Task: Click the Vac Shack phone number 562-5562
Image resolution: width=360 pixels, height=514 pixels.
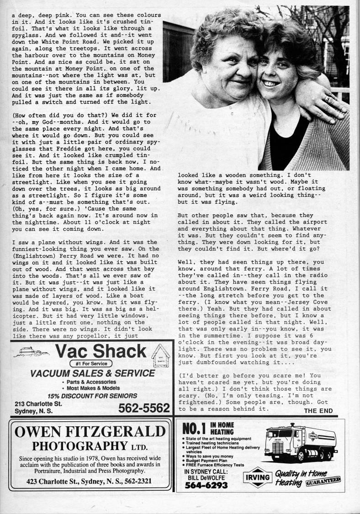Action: [x=143, y=408]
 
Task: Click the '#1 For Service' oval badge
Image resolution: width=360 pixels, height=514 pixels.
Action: [x=91, y=364]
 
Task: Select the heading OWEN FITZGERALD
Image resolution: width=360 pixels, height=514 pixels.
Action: [x=90, y=431]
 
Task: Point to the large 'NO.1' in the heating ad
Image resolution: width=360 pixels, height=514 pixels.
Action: [x=195, y=429]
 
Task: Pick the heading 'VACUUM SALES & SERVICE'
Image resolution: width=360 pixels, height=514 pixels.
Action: [x=93, y=373]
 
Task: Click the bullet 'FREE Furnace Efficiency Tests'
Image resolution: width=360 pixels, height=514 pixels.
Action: [x=215, y=465]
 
